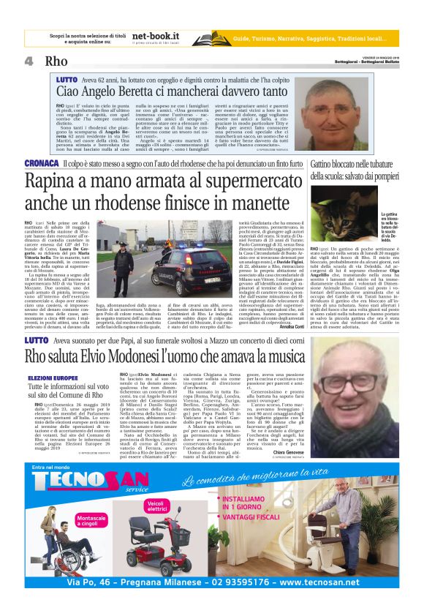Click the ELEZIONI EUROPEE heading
[x=49, y=378]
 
